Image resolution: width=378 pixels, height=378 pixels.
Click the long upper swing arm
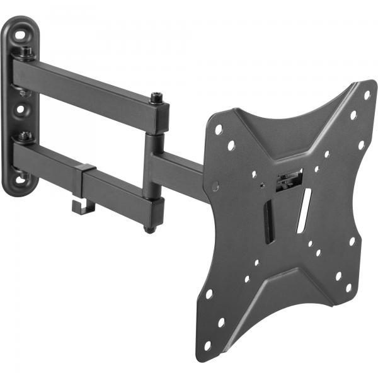click(x=88, y=88)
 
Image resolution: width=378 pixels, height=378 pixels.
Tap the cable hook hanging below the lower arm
click(x=81, y=207)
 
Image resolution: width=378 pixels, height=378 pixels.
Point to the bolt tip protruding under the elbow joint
click(x=149, y=229)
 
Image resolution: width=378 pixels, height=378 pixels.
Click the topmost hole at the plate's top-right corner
click(x=367, y=94)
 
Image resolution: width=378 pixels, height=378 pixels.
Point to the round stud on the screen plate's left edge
click(x=215, y=187)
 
